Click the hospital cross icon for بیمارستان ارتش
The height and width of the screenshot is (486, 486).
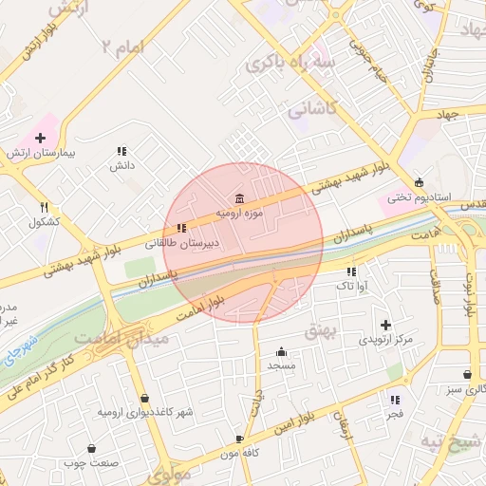click(39, 137)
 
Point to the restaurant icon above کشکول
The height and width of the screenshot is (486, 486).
click(44, 207)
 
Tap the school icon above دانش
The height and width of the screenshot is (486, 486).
click(121, 151)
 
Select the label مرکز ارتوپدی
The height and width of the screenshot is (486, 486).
click(385, 339)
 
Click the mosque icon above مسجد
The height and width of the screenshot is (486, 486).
click(282, 350)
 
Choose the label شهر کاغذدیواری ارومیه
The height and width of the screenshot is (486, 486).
click(144, 413)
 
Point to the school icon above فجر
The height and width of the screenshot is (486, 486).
click(395, 400)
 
